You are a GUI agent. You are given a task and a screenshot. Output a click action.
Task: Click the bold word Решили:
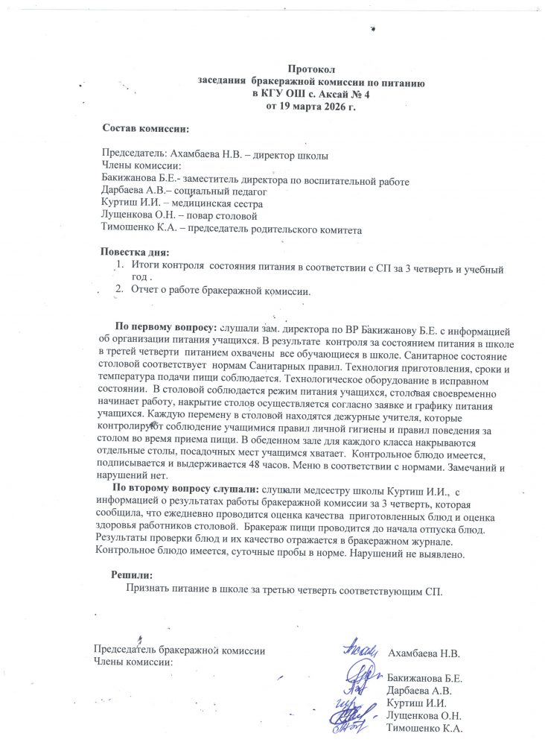(x=132, y=574)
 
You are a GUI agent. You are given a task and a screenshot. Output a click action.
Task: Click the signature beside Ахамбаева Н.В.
(x=361, y=653)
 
